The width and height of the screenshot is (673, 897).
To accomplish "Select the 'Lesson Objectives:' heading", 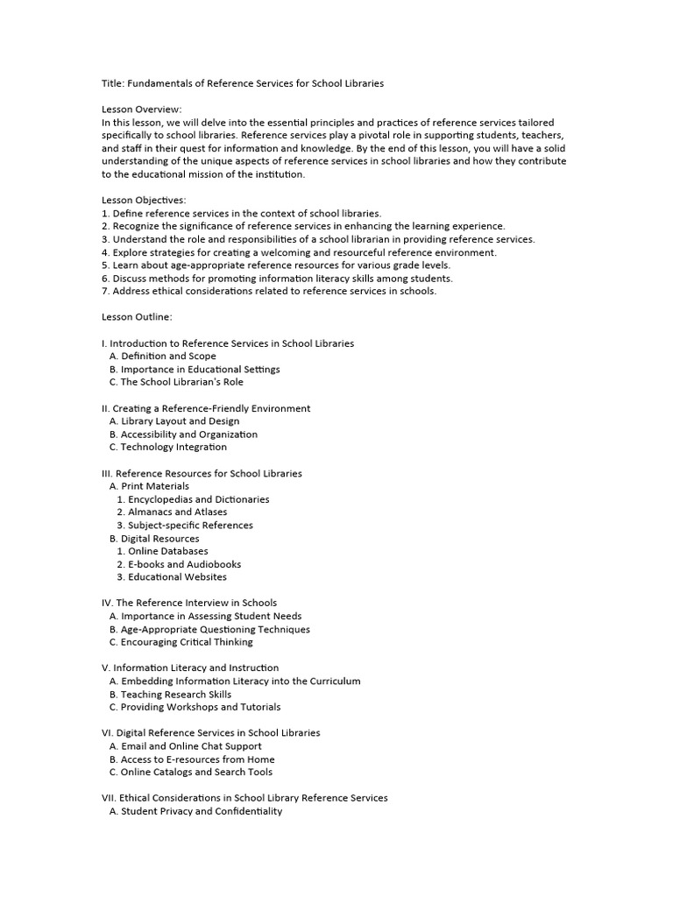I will (144, 201).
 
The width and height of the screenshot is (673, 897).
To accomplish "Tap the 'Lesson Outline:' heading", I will (137, 317).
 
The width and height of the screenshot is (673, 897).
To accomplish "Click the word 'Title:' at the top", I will (113, 83).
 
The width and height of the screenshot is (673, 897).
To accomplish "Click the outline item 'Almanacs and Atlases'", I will (177, 512).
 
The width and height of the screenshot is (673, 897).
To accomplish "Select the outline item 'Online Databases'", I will (167, 551).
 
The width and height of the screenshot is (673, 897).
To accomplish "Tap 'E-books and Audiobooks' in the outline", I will (184, 564).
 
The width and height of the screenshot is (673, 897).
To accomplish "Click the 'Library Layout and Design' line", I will (180, 421).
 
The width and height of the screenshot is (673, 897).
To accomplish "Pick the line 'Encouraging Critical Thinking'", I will (187, 642).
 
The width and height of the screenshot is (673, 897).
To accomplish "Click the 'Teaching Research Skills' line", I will (175, 694).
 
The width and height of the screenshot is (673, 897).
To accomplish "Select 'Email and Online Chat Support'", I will (191, 746).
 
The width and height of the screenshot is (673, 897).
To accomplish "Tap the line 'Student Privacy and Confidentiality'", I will (201, 811).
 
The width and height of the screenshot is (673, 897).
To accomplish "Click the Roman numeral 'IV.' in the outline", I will (107, 603).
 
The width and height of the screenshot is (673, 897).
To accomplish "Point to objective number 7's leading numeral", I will (104, 291).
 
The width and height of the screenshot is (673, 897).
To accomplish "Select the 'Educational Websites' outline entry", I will (177, 577).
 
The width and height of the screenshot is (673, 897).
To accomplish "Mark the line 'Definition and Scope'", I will (168, 357).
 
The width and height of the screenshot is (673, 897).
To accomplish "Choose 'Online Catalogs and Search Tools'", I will (196, 772).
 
